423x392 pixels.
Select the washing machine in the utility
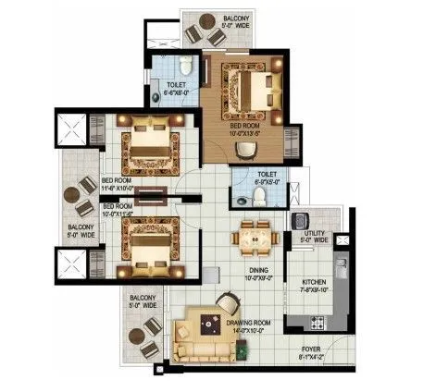[x=300, y=222]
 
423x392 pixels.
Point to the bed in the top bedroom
[x=251, y=91]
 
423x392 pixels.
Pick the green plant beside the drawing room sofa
[x=242, y=349]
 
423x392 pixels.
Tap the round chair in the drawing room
[x=224, y=302]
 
